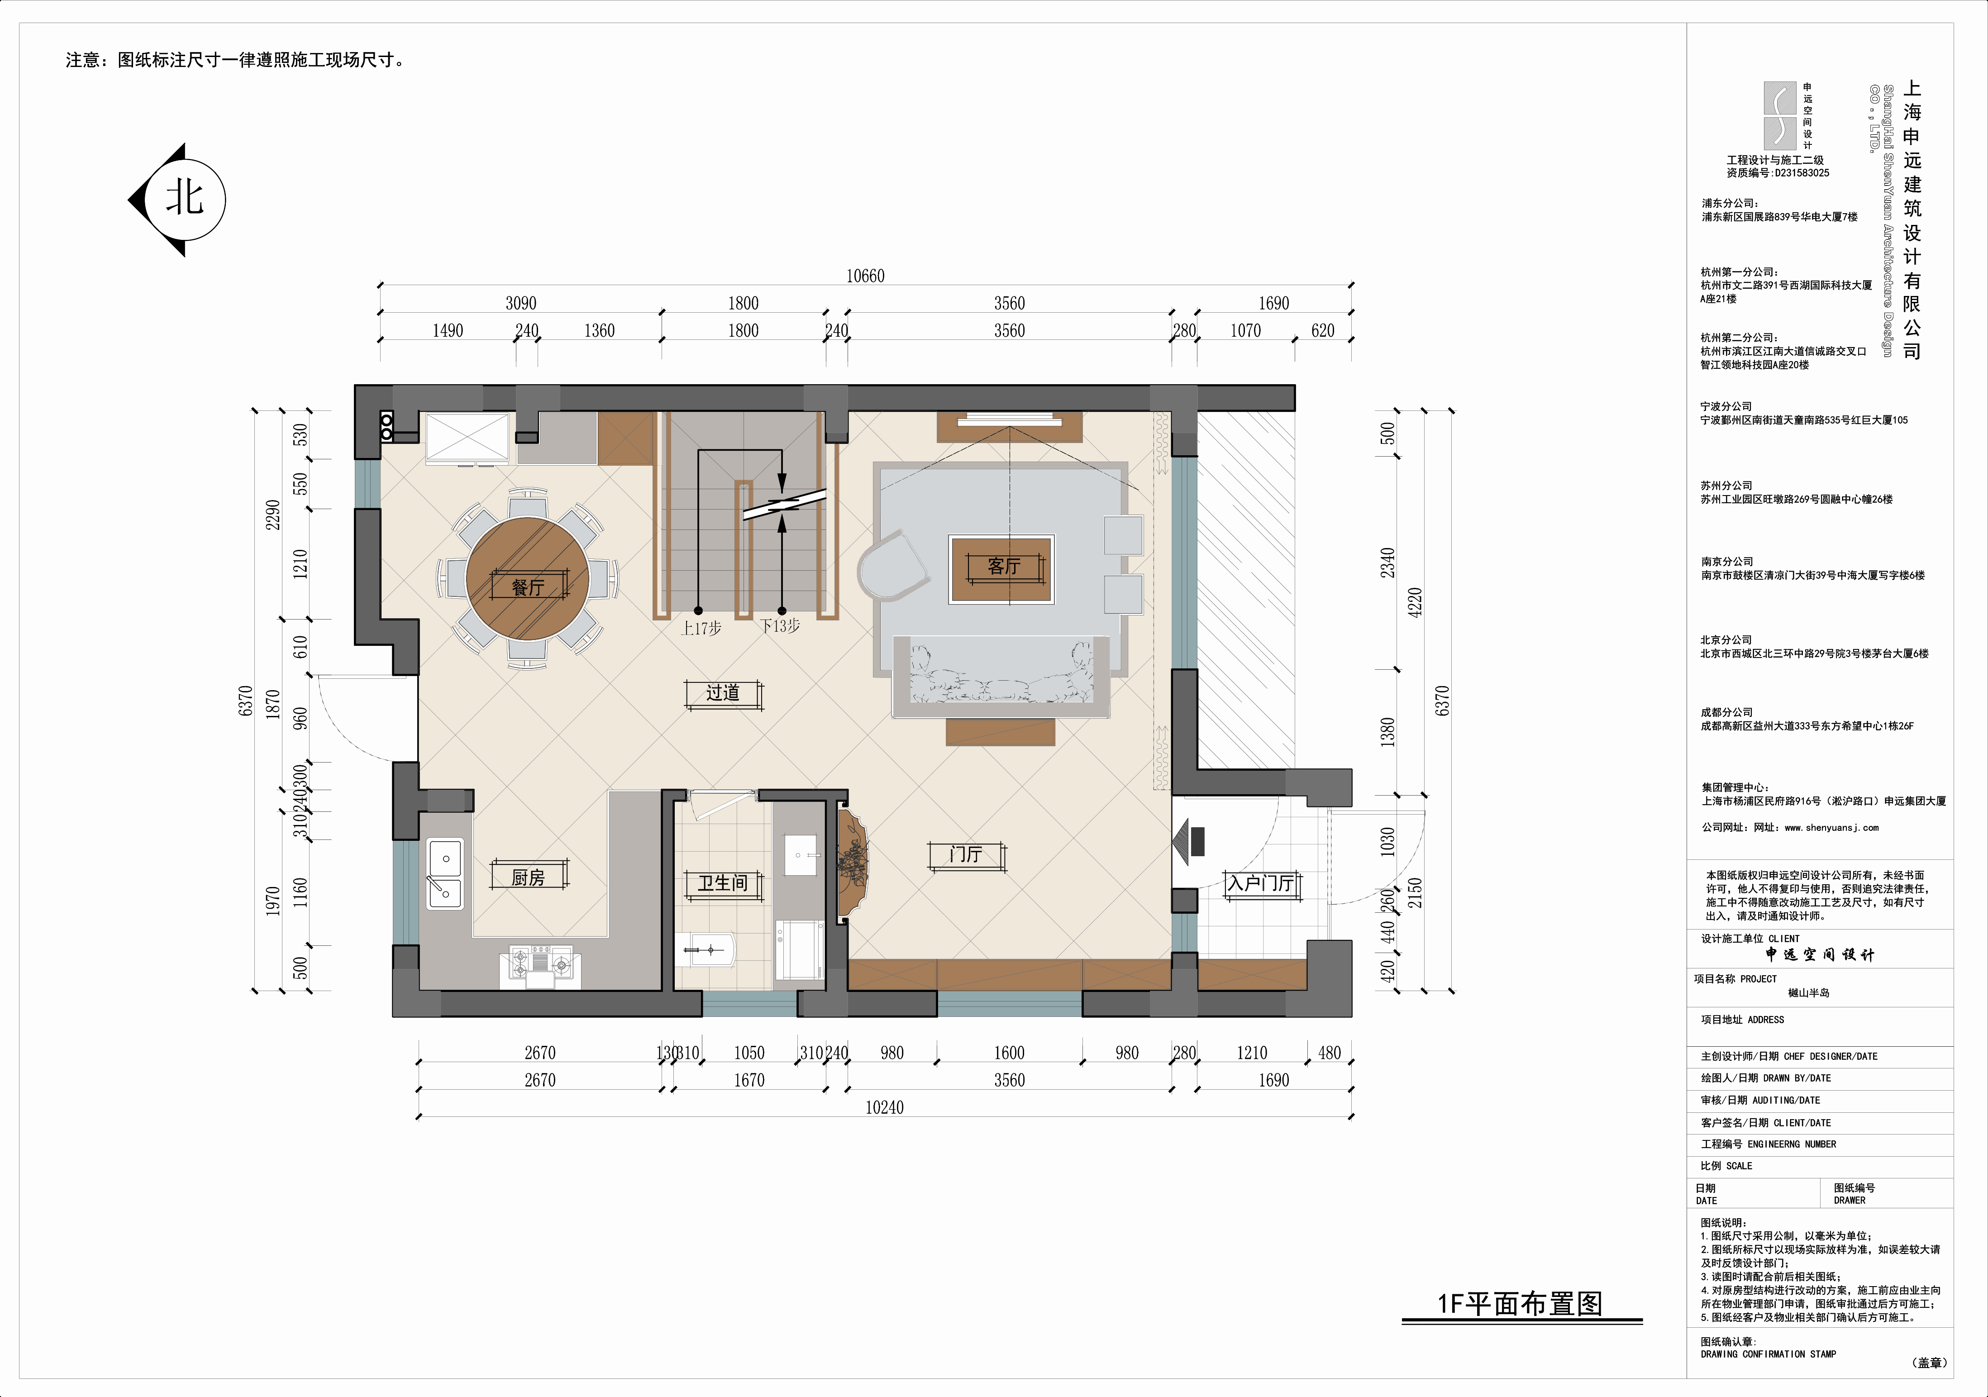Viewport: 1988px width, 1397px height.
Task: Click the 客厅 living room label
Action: (x=1004, y=567)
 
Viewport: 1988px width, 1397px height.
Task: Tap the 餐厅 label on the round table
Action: (x=528, y=587)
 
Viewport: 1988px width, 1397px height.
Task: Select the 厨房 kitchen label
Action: (x=528, y=877)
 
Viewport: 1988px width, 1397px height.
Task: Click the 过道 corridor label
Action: (x=723, y=693)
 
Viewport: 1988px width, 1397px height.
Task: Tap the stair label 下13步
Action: (x=780, y=625)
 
